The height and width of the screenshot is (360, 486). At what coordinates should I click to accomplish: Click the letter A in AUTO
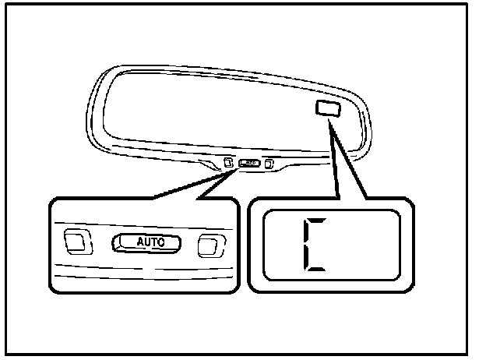(x=141, y=242)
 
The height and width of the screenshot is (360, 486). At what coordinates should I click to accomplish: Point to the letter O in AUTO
(x=161, y=242)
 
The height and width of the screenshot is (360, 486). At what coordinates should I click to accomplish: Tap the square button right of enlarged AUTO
(x=208, y=245)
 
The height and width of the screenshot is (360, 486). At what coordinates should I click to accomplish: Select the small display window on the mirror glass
(x=327, y=108)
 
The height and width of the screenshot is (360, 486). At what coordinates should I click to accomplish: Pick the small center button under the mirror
(x=249, y=164)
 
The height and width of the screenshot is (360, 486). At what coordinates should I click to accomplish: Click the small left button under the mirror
(x=227, y=163)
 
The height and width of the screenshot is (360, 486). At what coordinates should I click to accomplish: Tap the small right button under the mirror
(x=269, y=164)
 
